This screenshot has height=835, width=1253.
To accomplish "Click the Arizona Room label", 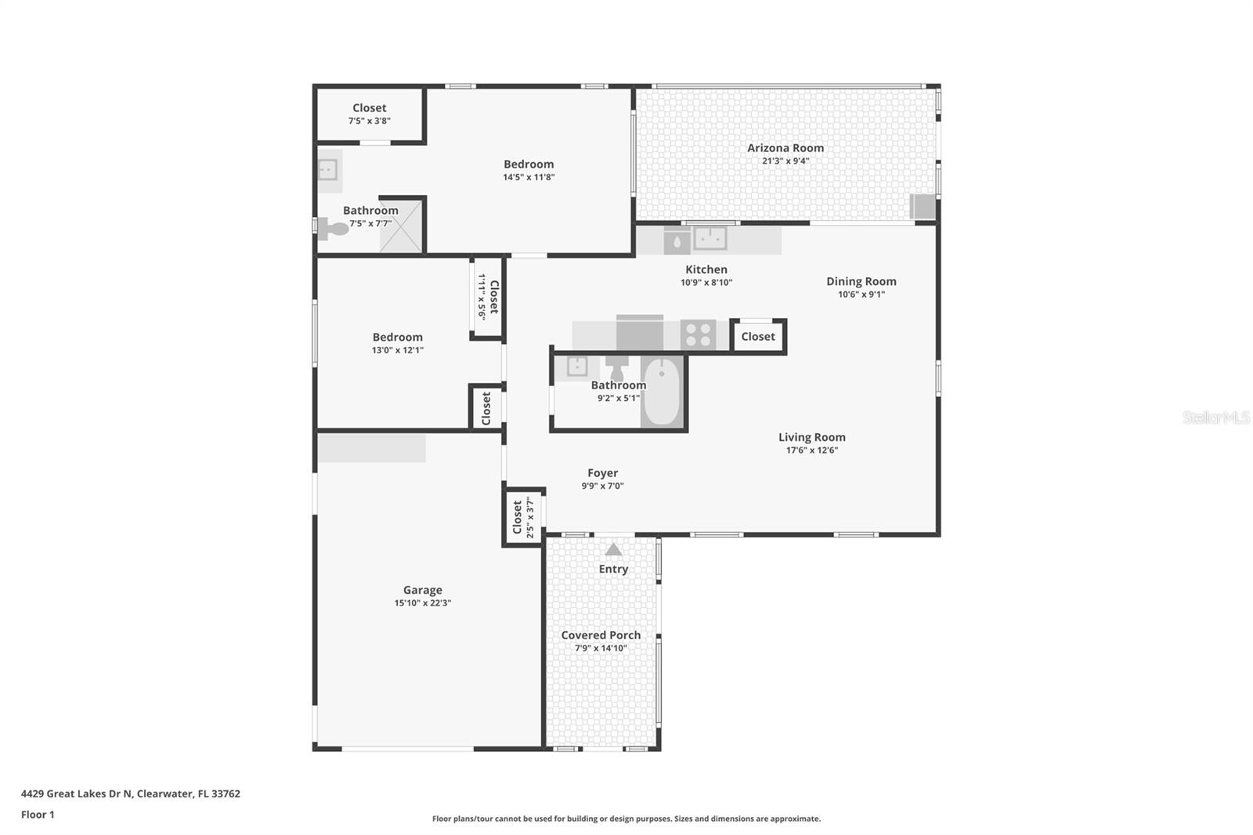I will click(x=785, y=148).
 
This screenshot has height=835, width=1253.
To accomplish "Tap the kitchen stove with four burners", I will click(x=698, y=334).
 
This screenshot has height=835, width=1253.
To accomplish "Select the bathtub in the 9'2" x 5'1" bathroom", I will click(x=663, y=391).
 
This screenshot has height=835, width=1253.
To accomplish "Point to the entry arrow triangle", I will click(x=613, y=550).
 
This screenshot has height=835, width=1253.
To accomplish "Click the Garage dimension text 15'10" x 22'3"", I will click(x=422, y=603).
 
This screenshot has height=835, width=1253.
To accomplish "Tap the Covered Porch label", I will click(x=601, y=635).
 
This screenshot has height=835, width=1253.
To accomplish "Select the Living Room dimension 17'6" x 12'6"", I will click(x=811, y=450).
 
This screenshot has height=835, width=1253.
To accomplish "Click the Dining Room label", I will click(x=861, y=281).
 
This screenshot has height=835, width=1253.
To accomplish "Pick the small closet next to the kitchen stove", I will click(x=758, y=336).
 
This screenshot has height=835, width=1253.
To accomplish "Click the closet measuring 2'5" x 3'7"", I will click(x=522, y=518).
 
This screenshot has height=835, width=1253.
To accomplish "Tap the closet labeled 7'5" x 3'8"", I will click(x=369, y=114).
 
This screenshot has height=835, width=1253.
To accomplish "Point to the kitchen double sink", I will click(x=710, y=237).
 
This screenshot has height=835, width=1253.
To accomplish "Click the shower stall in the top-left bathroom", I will click(x=401, y=225).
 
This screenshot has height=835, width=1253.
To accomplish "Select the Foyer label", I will click(x=602, y=473).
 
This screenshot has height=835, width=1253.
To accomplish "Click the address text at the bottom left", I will click(x=130, y=793).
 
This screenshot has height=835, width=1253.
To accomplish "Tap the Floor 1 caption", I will click(x=38, y=815).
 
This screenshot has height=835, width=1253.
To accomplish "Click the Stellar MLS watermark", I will click(x=1215, y=417).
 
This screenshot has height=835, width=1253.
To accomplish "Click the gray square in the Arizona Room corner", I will click(x=923, y=207).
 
